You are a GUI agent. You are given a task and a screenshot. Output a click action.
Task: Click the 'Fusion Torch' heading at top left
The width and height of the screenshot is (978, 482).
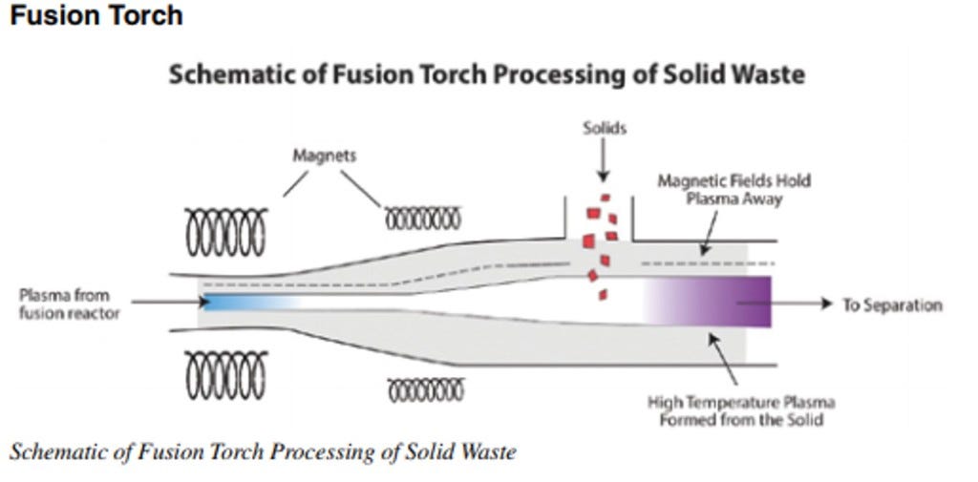(x=95, y=16)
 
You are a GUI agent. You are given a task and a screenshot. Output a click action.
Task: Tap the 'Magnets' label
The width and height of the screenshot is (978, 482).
(x=325, y=155)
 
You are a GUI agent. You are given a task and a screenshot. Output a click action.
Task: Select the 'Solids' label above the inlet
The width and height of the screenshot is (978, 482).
(x=604, y=127)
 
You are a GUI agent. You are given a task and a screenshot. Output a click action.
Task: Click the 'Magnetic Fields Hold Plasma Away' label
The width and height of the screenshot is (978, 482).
(x=733, y=189)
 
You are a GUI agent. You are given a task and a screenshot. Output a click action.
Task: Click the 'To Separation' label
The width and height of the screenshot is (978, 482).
(x=892, y=304)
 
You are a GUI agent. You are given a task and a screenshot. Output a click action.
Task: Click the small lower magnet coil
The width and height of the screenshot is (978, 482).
(x=425, y=389)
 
